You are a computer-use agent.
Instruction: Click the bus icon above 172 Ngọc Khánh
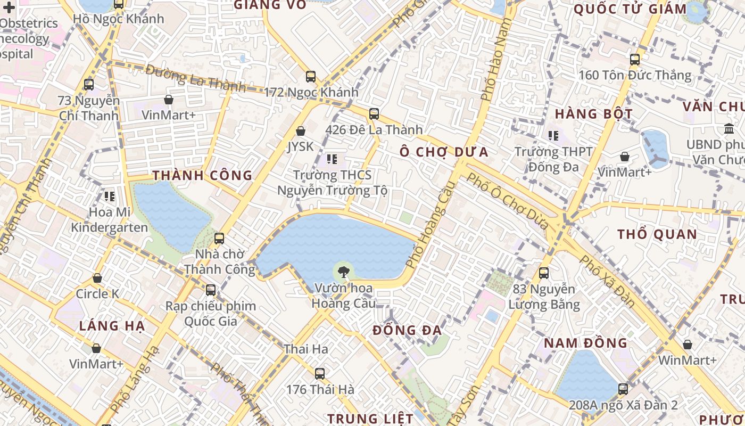coord(311,77)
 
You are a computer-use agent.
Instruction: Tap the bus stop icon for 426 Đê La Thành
coord(374,114)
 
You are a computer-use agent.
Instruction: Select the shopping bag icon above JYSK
coord(301,131)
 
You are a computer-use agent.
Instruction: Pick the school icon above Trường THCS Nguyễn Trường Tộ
coord(332,159)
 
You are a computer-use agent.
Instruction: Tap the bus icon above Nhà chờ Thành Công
coord(219,239)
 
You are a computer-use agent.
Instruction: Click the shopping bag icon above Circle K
coord(97,278)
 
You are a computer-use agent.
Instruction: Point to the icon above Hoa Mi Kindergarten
coord(110,196)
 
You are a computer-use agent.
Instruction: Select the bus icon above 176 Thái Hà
coord(320,374)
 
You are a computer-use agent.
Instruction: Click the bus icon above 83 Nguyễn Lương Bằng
coord(544,273)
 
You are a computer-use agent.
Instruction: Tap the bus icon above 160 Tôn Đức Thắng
coord(635,60)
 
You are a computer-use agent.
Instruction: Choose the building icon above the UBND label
coord(729,129)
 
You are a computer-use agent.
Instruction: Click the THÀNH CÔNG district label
coord(202,175)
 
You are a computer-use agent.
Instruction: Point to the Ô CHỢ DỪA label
coord(444,152)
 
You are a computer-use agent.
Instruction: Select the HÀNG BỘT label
coord(594,113)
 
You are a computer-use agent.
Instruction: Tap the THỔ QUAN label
coord(657,234)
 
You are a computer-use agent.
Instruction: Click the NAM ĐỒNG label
coord(585,343)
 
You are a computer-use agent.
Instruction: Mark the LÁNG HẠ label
coord(112,326)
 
